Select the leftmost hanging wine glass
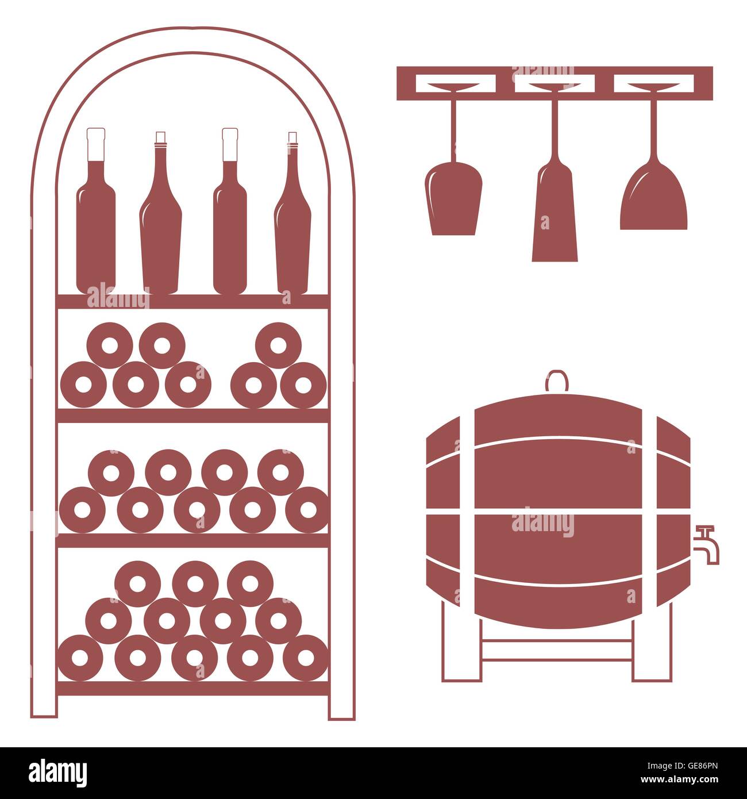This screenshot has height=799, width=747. click(453, 198)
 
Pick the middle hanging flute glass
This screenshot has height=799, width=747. click(555, 213)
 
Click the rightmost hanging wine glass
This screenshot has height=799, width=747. click(654, 198)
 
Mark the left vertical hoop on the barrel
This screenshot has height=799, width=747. click(467, 512)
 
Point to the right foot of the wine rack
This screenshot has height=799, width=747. click(341, 707)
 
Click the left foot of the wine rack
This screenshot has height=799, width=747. click(44, 707)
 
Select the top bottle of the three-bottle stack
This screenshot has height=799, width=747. click(278, 345)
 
